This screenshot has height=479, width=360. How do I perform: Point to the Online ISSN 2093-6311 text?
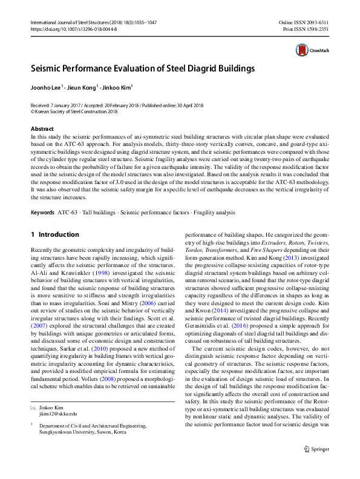(304, 22)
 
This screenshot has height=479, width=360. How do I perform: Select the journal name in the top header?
(85, 22)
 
